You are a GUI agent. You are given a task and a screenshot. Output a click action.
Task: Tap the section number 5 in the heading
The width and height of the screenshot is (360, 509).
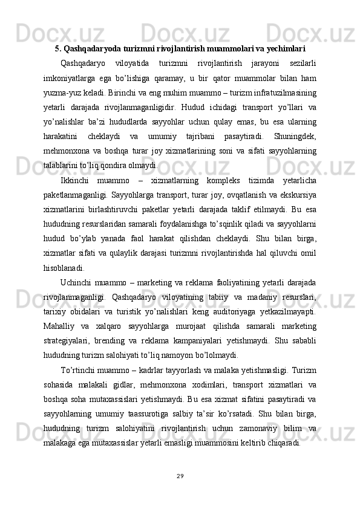tap(58, 48)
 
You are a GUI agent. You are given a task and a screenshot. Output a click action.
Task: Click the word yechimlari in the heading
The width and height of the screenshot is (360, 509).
tap(286, 48)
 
